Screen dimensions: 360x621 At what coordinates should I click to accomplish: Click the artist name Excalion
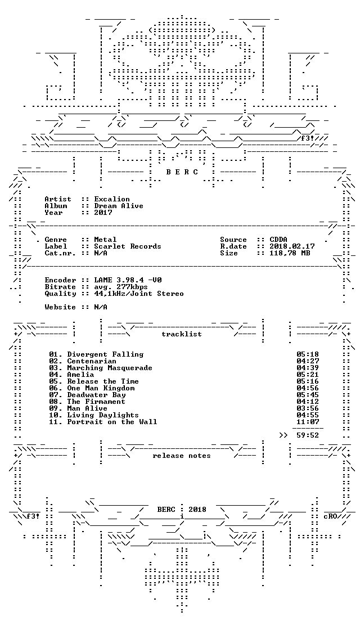tap(112, 199)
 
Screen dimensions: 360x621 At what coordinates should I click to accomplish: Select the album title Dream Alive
tap(119, 206)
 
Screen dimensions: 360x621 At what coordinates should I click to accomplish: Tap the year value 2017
tap(103, 213)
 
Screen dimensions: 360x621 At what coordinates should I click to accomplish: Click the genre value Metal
tap(105, 240)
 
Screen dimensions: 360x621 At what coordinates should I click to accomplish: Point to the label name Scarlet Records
tap(128, 246)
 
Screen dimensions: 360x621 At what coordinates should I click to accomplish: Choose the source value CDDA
tap(278, 240)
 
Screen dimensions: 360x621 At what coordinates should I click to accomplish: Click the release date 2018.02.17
tap(292, 246)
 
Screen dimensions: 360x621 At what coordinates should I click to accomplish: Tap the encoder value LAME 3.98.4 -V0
tap(128, 280)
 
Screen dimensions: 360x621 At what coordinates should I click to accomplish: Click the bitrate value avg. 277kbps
tap(121, 287)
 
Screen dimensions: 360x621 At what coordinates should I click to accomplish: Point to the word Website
tap(60, 307)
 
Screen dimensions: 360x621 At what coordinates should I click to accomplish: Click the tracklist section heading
tap(182, 334)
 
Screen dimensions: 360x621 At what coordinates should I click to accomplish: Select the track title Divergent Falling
tap(105, 354)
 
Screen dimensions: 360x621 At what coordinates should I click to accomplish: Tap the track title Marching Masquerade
tap(110, 368)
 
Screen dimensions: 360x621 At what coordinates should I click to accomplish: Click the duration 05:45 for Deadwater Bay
tap(308, 395)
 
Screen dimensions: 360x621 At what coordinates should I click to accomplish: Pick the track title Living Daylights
tap(103, 415)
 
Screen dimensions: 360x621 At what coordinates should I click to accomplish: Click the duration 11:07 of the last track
tap(308, 422)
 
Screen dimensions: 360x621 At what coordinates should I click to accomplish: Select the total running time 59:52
tap(308, 435)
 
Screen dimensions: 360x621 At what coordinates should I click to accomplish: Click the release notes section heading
tap(182, 456)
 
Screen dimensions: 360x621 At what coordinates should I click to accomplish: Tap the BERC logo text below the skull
tap(182, 172)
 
